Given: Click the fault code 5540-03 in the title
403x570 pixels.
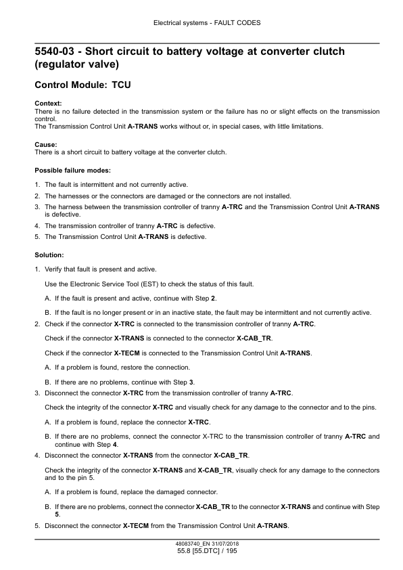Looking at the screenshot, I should click(59, 51).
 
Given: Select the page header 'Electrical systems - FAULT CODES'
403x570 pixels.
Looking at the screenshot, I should click(201, 22).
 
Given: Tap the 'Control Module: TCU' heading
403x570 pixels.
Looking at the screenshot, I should click(82, 88).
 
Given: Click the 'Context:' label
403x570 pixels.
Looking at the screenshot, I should click(47, 104).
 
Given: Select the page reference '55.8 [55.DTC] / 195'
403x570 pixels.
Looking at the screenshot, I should click(201, 552).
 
